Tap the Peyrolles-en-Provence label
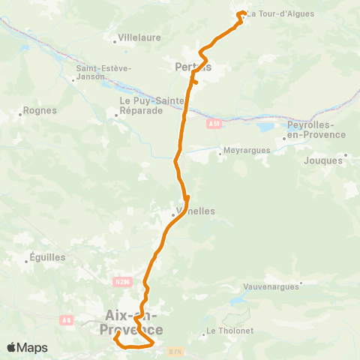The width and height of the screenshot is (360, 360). click(x=316, y=130)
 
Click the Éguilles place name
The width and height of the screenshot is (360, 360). click(x=49, y=257)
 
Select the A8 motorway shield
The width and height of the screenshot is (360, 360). click(x=67, y=320)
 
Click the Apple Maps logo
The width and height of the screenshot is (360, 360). click(x=28, y=347)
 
